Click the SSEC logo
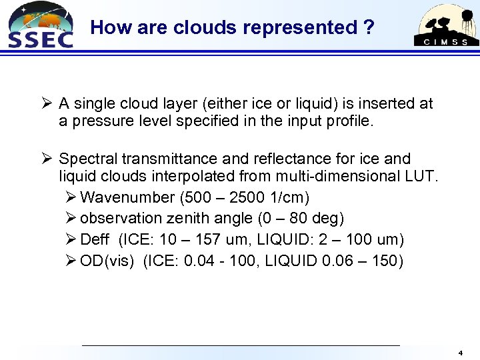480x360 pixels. point(39,25)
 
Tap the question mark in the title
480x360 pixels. point(368,27)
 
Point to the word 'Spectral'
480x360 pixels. point(86,159)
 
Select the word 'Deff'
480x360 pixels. point(96,239)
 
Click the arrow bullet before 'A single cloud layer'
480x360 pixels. point(46,103)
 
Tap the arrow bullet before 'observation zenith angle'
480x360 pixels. point(71,218)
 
